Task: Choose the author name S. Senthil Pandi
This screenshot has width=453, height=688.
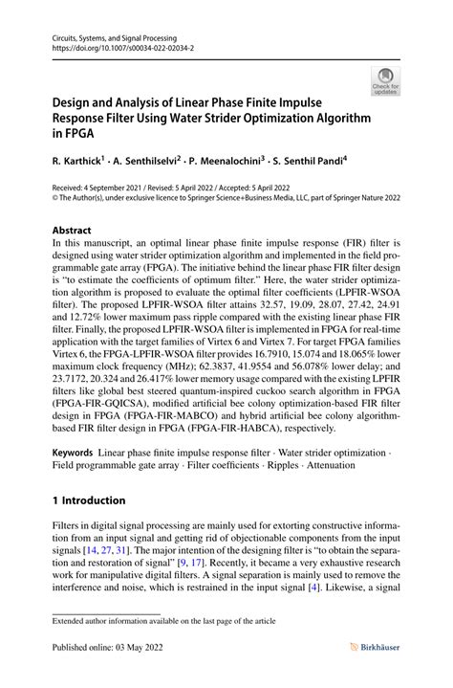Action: (323, 165)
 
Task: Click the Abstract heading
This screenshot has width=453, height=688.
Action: (72, 231)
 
